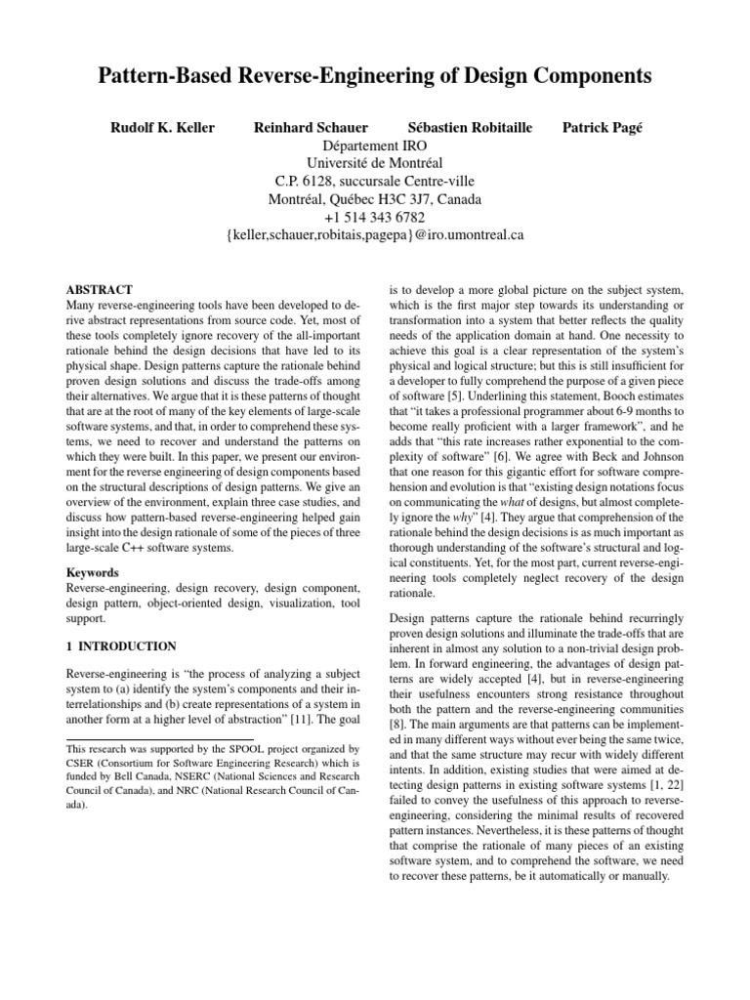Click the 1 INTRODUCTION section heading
(120, 646)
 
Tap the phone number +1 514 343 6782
(375, 217)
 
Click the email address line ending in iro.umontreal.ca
(375, 235)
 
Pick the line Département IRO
(375, 146)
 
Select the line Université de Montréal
(375, 163)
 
